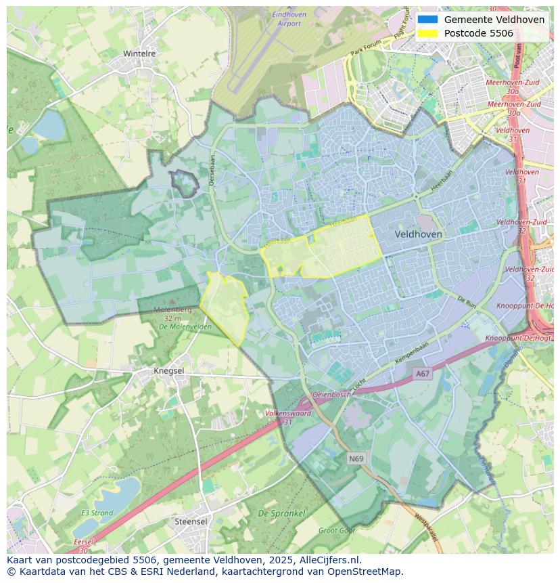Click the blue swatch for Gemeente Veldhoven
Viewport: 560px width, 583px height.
(427, 20)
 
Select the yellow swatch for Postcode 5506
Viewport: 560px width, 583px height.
(427, 33)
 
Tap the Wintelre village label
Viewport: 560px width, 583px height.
(139, 53)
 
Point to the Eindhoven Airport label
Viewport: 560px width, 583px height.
(289, 19)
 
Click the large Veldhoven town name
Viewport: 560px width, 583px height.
(418, 234)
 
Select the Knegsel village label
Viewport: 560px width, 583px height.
(168, 371)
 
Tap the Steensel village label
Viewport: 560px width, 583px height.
(191, 521)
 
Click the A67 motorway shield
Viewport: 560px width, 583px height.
(423, 374)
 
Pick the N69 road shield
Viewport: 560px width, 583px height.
(356, 458)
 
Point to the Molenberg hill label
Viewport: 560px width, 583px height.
(172, 309)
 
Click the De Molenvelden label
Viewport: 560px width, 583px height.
(185, 326)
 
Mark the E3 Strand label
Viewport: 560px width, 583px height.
(97, 513)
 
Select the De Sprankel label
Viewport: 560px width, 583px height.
(281, 513)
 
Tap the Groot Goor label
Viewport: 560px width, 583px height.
(336, 531)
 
